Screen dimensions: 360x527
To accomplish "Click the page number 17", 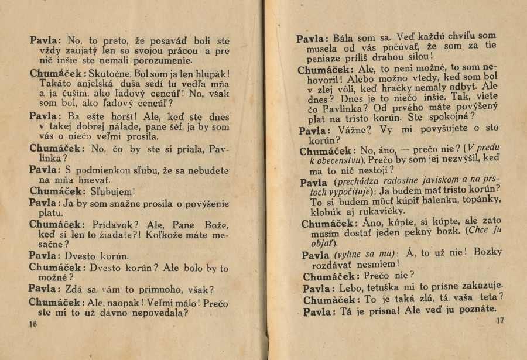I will [499, 320].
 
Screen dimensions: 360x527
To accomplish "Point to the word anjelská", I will [88, 84].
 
